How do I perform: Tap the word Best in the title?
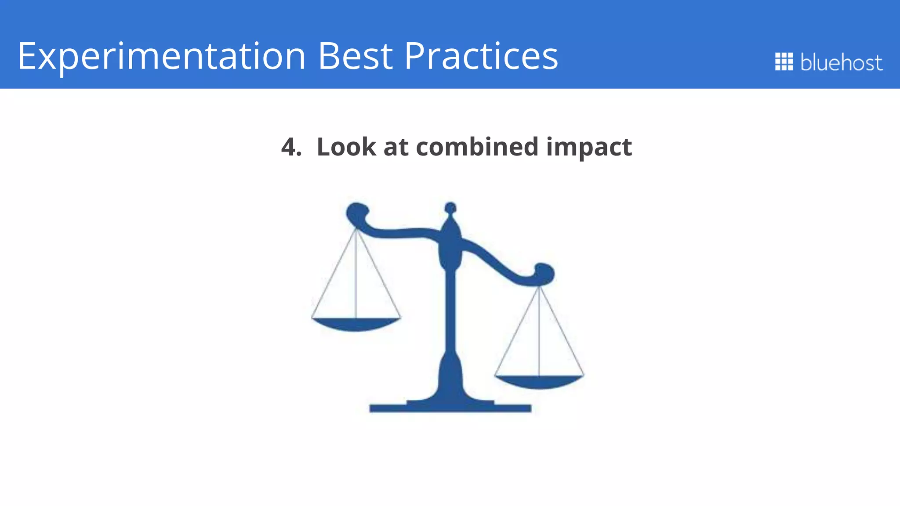pyautogui.click(x=355, y=56)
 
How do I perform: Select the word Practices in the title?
pyautogui.click(x=481, y=56)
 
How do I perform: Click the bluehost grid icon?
pyautogui.click(x=784, y=61)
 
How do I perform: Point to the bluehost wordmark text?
pyautogui.click(x=841, y=62)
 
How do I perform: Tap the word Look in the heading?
pyautogui.click(x=346, y=147)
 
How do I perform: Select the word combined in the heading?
pyautogui.click(x=477, y=147)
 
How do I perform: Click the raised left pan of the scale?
pyautogui.click(x=356, y=324)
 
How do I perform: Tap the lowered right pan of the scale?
pyautogui.click(x=539, y=382)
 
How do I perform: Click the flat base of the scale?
pyautogui.click(x=450, y=408)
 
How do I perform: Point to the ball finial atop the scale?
pyautogui.click(x=450, y=207)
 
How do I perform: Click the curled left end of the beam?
pyautogui.click(x=357, y=213)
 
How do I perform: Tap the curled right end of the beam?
pyautogui.click(x=544, y=273)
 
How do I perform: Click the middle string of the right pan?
pyautogui.click(x=539, y=334)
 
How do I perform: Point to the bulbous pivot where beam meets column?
pyautogui.click(x=450, y=246)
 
